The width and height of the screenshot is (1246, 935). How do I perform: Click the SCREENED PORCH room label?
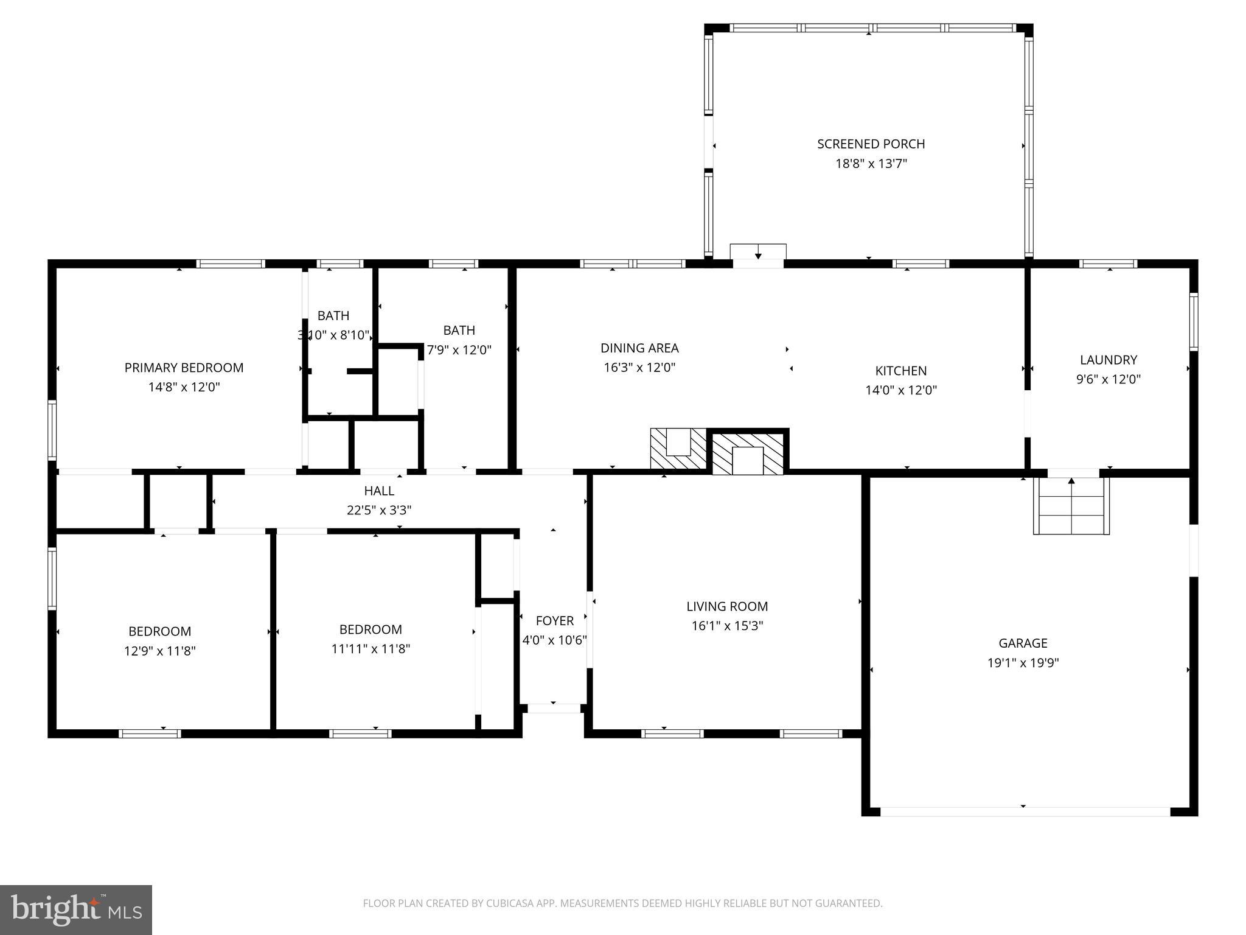(x=871, y=144)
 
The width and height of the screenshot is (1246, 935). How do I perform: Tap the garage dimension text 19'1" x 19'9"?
(x=1023, y=663)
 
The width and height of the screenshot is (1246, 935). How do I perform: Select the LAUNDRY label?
(x=1108, y=360)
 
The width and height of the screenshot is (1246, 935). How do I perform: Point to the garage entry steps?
(x=1071, y=506)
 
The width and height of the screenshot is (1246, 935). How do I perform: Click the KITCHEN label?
(x=900, y=371)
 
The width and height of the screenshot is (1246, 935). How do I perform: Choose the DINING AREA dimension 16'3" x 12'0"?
(x=639, y=368)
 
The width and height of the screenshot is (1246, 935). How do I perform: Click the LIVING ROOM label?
(x=727, y=606)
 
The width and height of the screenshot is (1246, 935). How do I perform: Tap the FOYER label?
(x=554, y=621)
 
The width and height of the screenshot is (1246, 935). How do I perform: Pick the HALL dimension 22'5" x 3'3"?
(x=379, y=510)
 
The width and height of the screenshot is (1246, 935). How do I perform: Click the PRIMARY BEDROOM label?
(x=184, y=368)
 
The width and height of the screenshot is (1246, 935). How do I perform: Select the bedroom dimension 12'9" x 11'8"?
(x=159, y=651)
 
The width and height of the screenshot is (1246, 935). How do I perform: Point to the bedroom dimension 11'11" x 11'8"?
(x=371, y=649)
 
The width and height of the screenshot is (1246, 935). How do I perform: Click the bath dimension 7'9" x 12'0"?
(x=459, y=350)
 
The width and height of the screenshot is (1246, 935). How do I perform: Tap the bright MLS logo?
(x=75, y=909)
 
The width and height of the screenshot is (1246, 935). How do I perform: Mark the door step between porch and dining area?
(x=757, y=252)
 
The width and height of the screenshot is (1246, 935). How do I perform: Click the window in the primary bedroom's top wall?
(x=231, y=264)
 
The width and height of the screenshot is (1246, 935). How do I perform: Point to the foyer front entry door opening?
(x=553, y=708)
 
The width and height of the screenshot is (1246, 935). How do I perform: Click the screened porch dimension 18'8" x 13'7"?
(x=871, y=164)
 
